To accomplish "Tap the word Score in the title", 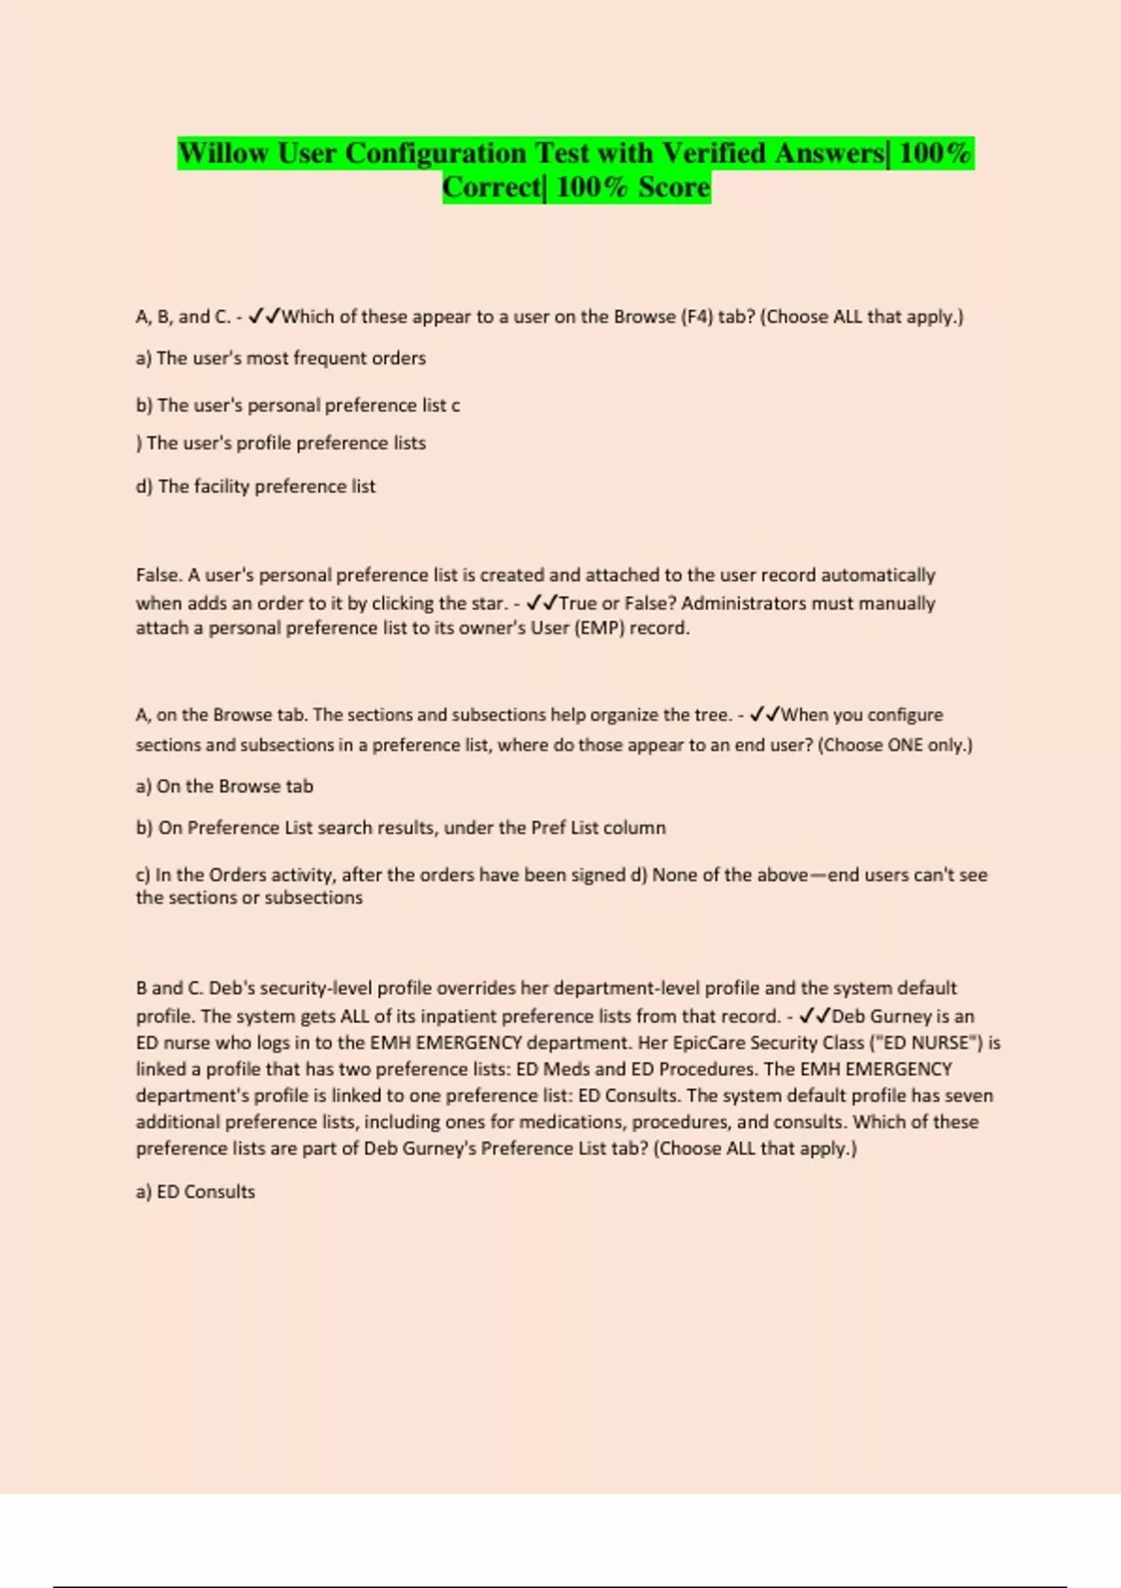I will [674, 188].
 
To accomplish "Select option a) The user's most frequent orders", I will [280, 359].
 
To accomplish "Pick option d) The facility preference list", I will [255, 487].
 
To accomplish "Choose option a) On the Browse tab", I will [224, 787].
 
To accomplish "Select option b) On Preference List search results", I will [400, 828].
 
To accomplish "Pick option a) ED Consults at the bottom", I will [195, 1192].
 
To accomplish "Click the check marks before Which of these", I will [264, 317].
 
